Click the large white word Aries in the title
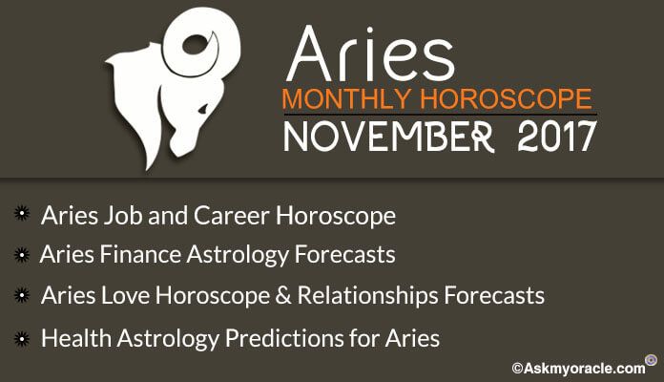click(370, 53)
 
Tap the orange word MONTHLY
click(346, 99)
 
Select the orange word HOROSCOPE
click(506, 99)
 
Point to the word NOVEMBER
click(388, 137)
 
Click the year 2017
click(557, 137)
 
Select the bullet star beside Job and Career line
click(22, 213)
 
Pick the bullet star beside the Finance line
click(22, 255)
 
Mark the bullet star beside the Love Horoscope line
click(22, 295)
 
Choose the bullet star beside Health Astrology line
click(22, 339)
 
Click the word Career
click(232, 216)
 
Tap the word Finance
click(140, 254)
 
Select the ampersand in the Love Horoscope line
click(283, 295)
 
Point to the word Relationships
click(367, 296)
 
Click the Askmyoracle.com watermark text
click(578, 368)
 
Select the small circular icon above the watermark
click(651, 360)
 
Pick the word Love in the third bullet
click(125, 295)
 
